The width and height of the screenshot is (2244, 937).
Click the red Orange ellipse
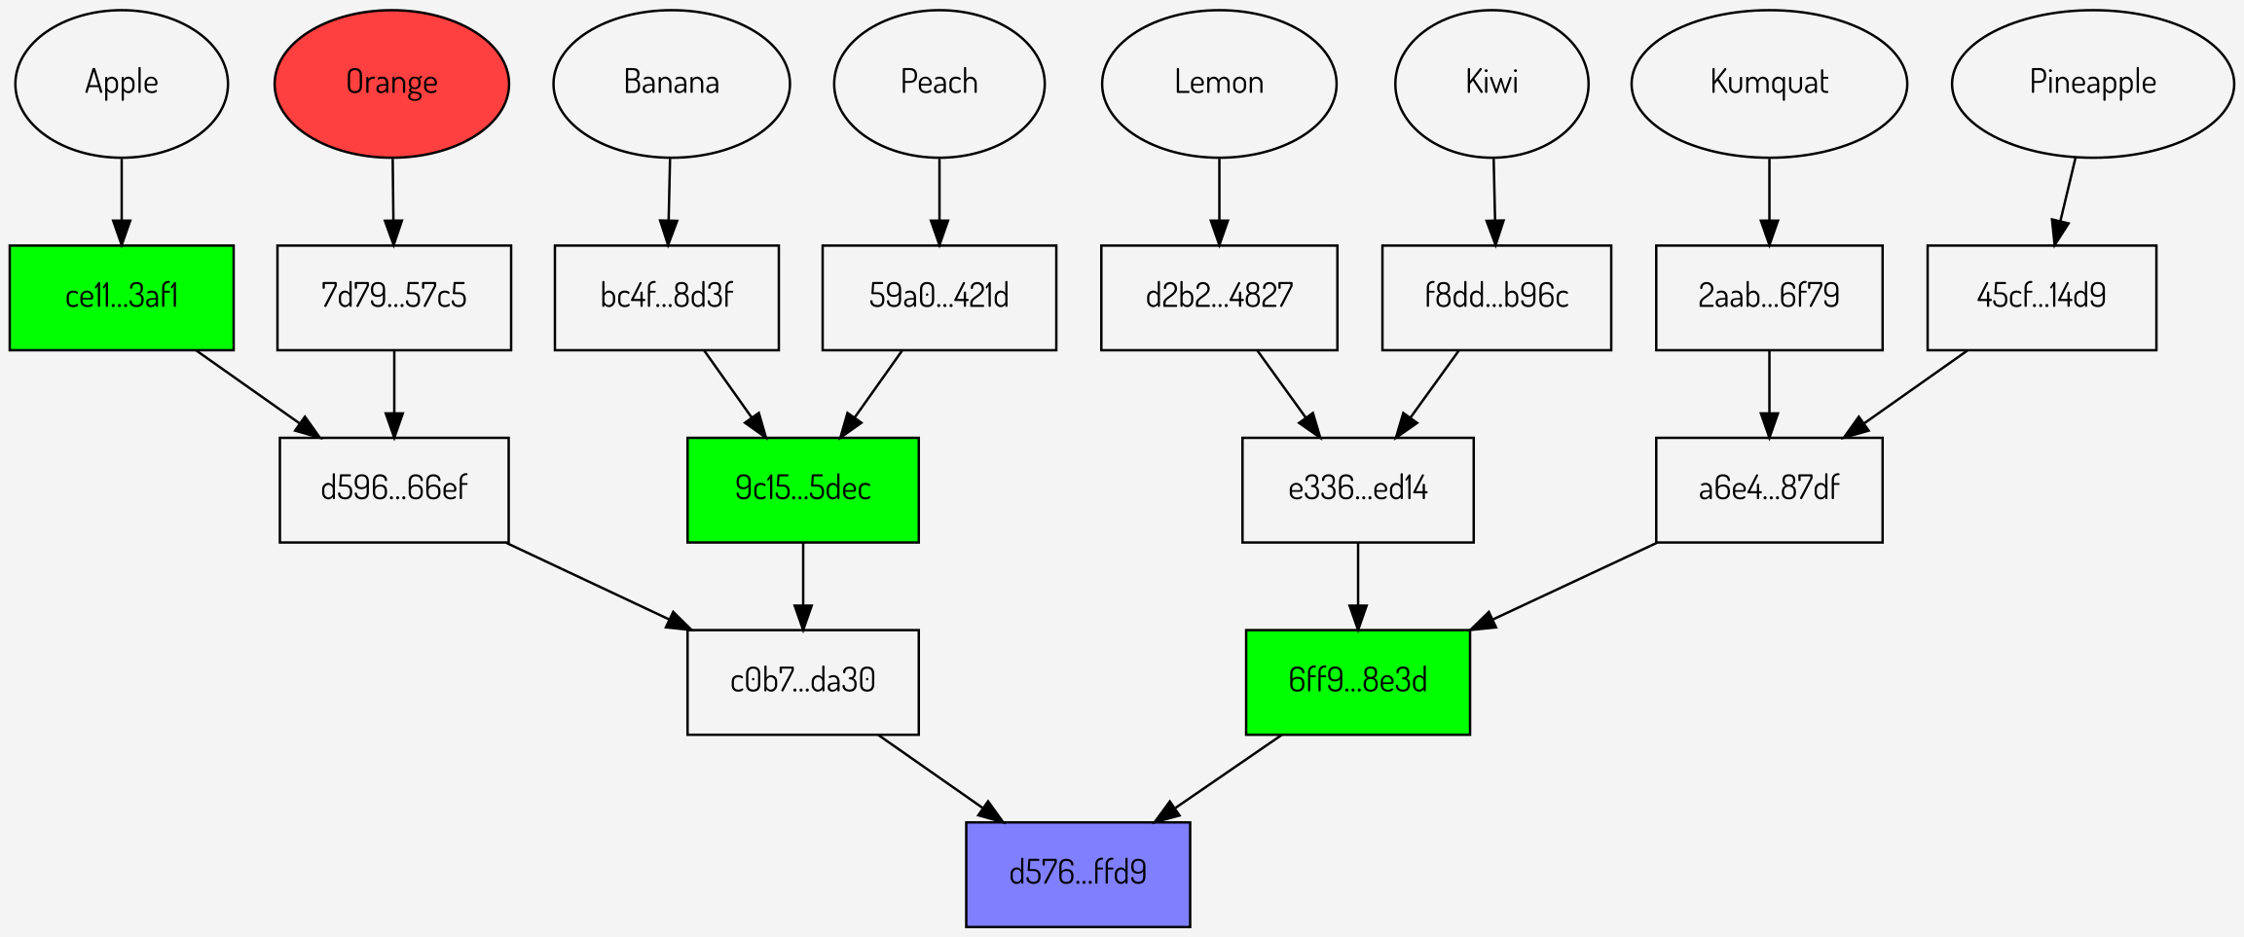pyautogui.click(x=391, y=84)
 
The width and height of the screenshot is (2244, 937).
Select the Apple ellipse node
pyautogui.click(x=122, y=84)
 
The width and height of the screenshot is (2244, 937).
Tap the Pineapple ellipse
pyautogui.click(x=2092, y=84)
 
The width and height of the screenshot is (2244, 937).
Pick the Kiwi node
pyautogui.click(x=1491, y=84)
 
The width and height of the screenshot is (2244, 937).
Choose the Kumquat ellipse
pyautogui.click(x=1769, y=84)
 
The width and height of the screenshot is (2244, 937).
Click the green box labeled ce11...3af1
pyautogui.click(x=122, y=297)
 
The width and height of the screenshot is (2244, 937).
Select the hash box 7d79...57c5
pyautogui.click(x=393, y=297)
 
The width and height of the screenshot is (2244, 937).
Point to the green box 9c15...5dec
pyautogui.click(x=802, y=489)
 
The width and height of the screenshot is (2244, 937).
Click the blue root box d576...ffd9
pyautogui.click(x=1078, y=874)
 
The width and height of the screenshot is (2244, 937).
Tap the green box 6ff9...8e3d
pyautogui.click(x=1357, y=681)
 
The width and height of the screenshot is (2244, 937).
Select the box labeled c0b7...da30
pyautogui.click(x=802, y=681)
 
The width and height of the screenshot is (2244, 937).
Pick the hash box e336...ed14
pyautogui.click(x=1357, y=489)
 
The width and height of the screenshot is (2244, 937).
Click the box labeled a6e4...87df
pyautogui.click(x=1768, y=489)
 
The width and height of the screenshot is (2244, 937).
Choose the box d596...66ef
pyautogui.click(x=393, y=489)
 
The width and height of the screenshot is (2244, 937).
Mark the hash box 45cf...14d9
pyautogui.click(x=2041, y=297)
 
